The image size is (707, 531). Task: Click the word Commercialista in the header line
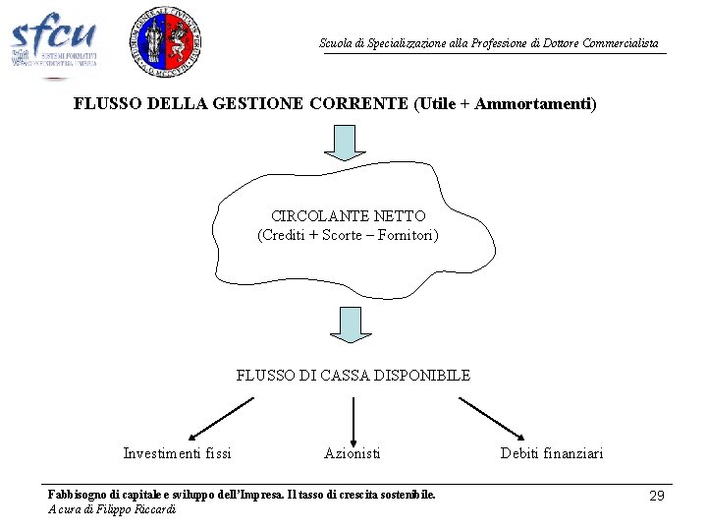(x=621, y=43)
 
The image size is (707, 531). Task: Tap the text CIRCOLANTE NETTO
(x=348, y=215)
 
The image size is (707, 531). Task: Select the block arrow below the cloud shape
(x=351, y=324)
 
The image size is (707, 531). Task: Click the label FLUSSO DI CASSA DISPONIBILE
(x=353, y=375)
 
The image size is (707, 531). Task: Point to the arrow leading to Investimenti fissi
(x=220, y=418)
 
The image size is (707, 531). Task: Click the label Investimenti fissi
(x=177, y=453)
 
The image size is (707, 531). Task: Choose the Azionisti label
(x=353, y=453)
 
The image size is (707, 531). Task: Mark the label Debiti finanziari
(x=552, y=453)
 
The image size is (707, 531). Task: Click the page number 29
(x=657, y=496)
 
